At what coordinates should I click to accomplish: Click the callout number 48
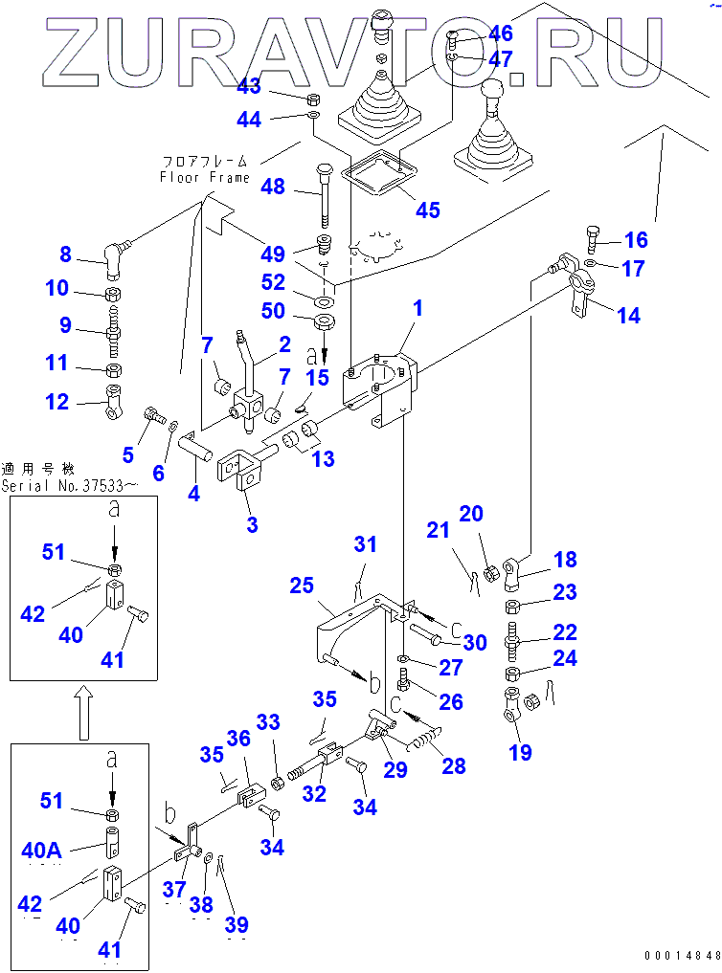(273, 187)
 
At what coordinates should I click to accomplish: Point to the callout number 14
(629, 316)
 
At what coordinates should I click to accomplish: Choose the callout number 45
(427, 210)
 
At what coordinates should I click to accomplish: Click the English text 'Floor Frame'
(205, 177)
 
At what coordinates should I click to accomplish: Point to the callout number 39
(237, 924)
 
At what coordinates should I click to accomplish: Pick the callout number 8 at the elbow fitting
(64, 254)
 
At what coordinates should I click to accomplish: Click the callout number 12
(58, 402)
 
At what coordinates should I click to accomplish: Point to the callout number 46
(500, 33)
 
